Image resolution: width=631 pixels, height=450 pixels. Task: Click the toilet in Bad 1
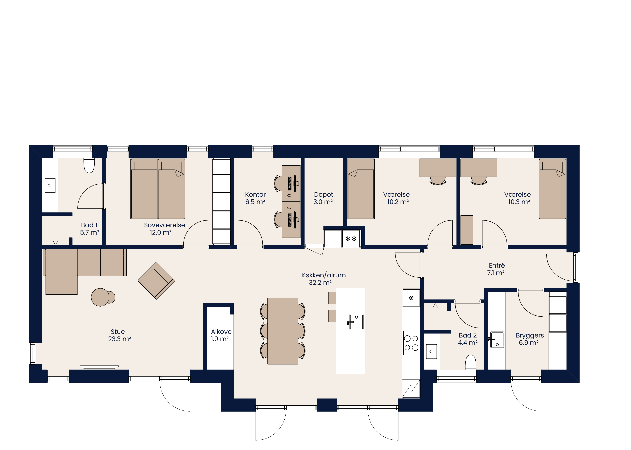tap(89, 165)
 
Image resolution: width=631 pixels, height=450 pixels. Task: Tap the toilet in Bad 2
tap(470, 362)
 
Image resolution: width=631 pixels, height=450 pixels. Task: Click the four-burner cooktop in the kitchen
tap(411, 343)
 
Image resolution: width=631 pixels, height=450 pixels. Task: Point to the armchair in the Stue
tap(156, 281)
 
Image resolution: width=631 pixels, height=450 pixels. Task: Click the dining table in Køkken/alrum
tap(283, 331)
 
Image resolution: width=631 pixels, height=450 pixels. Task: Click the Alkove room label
tap(221, 332)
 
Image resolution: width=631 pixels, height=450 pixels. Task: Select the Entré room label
tap(497, 265)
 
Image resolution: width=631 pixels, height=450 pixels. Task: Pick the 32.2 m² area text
tap(320, 283)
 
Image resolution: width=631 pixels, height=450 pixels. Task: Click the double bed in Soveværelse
tap(158, 189)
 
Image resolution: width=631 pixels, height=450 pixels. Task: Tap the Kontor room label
tap(255, 195)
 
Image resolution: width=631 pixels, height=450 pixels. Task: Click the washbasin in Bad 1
tap(50, 185)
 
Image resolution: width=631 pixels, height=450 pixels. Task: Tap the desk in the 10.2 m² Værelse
tap(438, 168)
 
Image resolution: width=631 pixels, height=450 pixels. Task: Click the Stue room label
tap(118, 332)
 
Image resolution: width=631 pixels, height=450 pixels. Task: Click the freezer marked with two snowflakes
tap(351, 239)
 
